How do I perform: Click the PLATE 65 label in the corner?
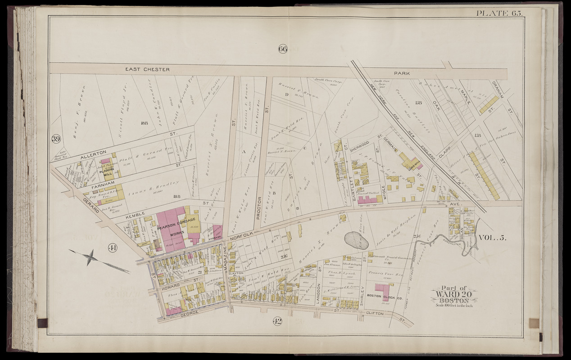[499, 13]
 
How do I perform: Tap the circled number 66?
[282, 49]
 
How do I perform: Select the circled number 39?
[56, 139]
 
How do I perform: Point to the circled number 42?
[277, 321]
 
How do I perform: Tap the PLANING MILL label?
[107, 172]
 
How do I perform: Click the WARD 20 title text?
[454, 294]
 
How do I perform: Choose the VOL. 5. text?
[492, 238]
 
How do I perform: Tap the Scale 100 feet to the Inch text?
[454, 306]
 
